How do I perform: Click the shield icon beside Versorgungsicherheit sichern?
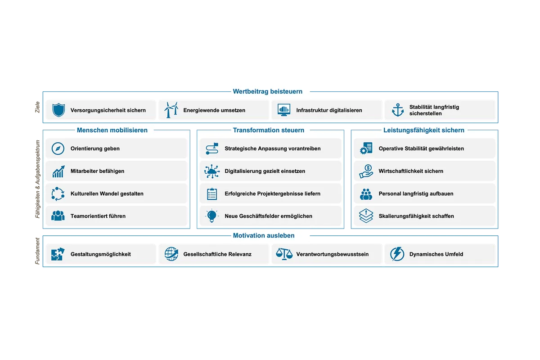[58, 110]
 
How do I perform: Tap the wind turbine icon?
[171, 110]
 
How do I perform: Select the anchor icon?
[397, 110]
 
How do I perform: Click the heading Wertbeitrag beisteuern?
[267, 92]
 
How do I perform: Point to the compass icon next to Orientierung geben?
[58, 148]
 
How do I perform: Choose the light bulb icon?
[211, 216]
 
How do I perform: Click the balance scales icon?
[284, 254]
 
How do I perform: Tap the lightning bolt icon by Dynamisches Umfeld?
[397, 254]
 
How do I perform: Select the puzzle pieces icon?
[58, 254]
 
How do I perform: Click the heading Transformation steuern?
[269, 130]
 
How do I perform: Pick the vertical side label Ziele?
[37, 107]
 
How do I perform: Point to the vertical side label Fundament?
[37, 251]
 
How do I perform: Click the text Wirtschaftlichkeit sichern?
[411, 171]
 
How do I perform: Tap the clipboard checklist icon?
[212, 193]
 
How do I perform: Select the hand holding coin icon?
[366, 171]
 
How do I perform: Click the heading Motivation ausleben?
[264, 236]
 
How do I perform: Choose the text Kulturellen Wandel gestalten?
[107, 193]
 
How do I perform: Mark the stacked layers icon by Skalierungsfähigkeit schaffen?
[366, 216]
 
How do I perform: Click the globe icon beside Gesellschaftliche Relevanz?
[171, 254]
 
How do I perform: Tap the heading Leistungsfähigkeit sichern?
[423, 130]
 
